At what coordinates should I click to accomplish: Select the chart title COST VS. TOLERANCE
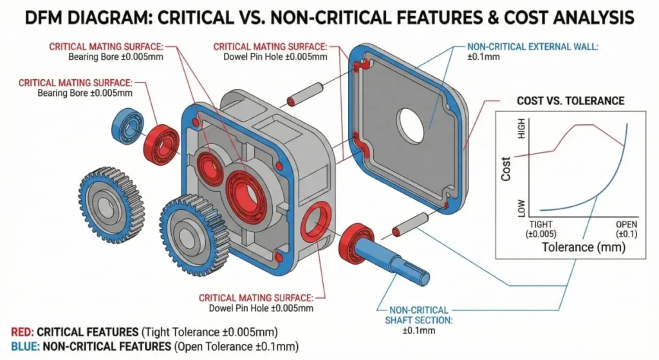(570, 101)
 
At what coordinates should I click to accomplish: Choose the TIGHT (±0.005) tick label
(541, 228)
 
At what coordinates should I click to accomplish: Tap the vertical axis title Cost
(506, 169)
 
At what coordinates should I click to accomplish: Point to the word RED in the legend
(23, 332)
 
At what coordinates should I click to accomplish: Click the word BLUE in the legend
(25, 347)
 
